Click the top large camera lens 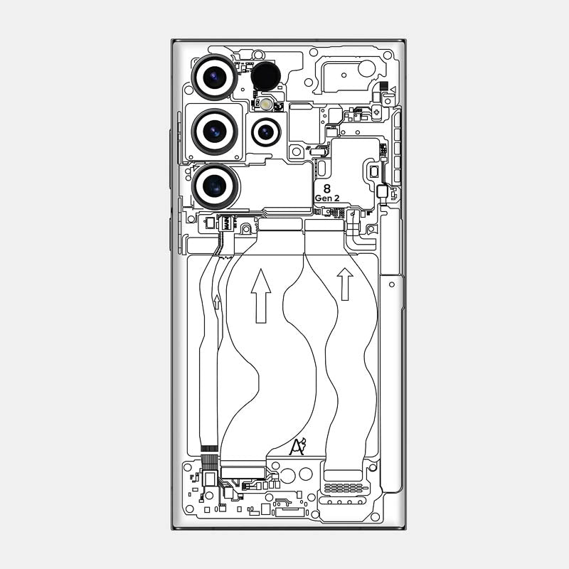(x=214, y=76)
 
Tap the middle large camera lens (x=214, y=131)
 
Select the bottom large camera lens (x=215, y=186)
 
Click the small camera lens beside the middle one (x=266, y=132)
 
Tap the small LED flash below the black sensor (x=266, y=104)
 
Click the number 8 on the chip (x=326, y=188)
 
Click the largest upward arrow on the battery (x=261, y=295)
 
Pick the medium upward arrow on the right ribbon (x=345, y=283)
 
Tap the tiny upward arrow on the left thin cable (x=217, y=302)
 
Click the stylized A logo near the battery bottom (x=297, y=447)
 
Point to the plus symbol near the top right (x=387, y=100)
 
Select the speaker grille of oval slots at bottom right (x=344, y=489)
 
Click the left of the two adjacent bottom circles (x=289, y=474)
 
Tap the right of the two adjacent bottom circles (x=306, y=474)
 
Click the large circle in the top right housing (x=366, y=68)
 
